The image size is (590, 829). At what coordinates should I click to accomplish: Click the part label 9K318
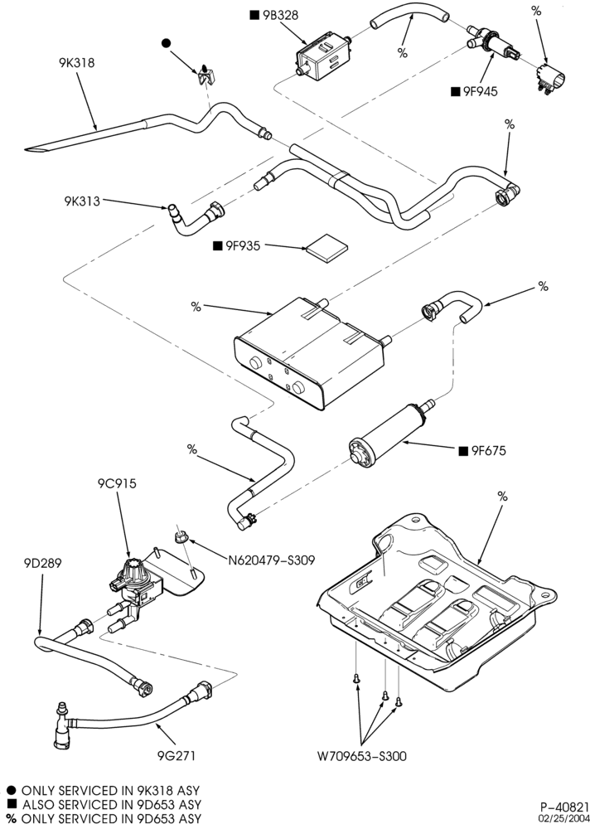click(x=77, y=62)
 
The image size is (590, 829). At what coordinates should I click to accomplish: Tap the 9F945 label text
click(x=481, y=91)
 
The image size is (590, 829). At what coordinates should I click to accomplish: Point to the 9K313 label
click(x=82, y=201)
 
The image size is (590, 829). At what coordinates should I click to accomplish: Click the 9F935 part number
click(x=243, y=245)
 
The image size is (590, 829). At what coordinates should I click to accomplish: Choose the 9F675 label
click(x=489, y=450)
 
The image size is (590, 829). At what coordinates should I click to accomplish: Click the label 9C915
click(x=117, y=483)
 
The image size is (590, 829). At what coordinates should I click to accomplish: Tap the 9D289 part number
click(x=42, y=564)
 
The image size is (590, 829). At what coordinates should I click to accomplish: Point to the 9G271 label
click(x=177, y=756)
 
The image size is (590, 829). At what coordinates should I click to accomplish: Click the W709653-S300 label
click(x=362, y=756)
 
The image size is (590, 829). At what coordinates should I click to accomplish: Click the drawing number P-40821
click(x=564, y=807)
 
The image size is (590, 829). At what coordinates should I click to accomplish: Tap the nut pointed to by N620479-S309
click(x=181, y=538)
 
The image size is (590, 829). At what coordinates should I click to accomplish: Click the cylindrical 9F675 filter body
click(x=391, y=434)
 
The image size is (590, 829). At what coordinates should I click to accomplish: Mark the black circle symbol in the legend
click(x=11, y=790)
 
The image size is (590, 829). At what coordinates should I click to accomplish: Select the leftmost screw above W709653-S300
click(x=357, y=678)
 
